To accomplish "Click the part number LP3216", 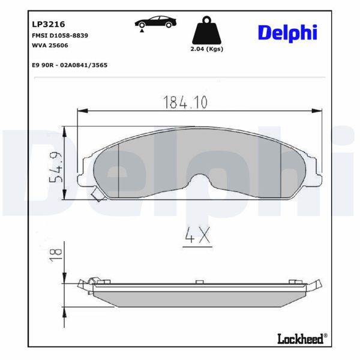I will pyautogui.click(x=48, y=25).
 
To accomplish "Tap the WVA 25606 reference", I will pyautogui.click(x=50, y=46).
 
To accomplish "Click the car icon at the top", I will pyautogui.click(x=156, y=22).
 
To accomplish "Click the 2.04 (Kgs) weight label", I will pyautogui.click(x=206, y=49).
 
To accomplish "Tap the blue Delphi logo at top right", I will pyautogui.click(x=287, y=32).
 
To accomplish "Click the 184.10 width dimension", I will pyautogui.click(x=185, y=103).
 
